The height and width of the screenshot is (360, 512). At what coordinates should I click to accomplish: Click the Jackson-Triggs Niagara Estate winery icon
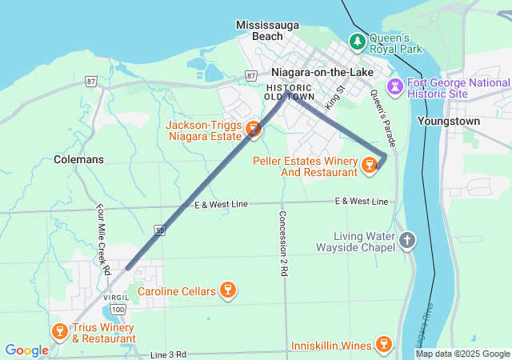tap(254, 128)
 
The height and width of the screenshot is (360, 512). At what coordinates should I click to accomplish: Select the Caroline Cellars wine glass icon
tap(228, 290)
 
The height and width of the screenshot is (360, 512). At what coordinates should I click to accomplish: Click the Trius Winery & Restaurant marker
tap(59, 331)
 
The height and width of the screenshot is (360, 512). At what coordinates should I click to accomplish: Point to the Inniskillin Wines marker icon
tap(384, 345)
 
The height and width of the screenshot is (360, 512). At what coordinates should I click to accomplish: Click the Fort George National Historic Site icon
tap(395, 86)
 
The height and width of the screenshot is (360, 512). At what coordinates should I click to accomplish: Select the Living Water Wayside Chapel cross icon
tap(407, 240)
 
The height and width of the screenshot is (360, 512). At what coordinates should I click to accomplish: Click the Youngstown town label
tap(448, 121)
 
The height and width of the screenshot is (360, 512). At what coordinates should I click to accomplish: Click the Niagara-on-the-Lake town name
tap(317, 71)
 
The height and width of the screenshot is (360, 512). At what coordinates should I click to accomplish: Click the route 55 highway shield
tap(161, 230)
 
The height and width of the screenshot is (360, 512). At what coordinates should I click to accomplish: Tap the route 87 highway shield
tap(92, 82)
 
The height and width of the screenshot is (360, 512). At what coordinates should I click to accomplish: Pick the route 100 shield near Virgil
tap(118, 309)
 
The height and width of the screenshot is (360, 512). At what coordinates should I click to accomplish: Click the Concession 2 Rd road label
tap(282, 243)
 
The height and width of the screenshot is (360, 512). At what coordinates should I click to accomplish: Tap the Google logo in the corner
tap(26, 350)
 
